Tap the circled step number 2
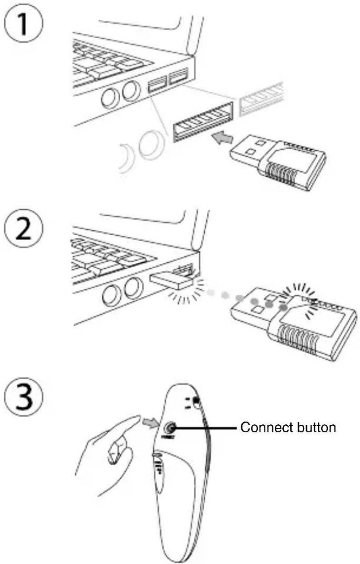23,231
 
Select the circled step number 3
23,399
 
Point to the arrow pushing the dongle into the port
222,138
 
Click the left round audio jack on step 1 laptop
110,97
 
